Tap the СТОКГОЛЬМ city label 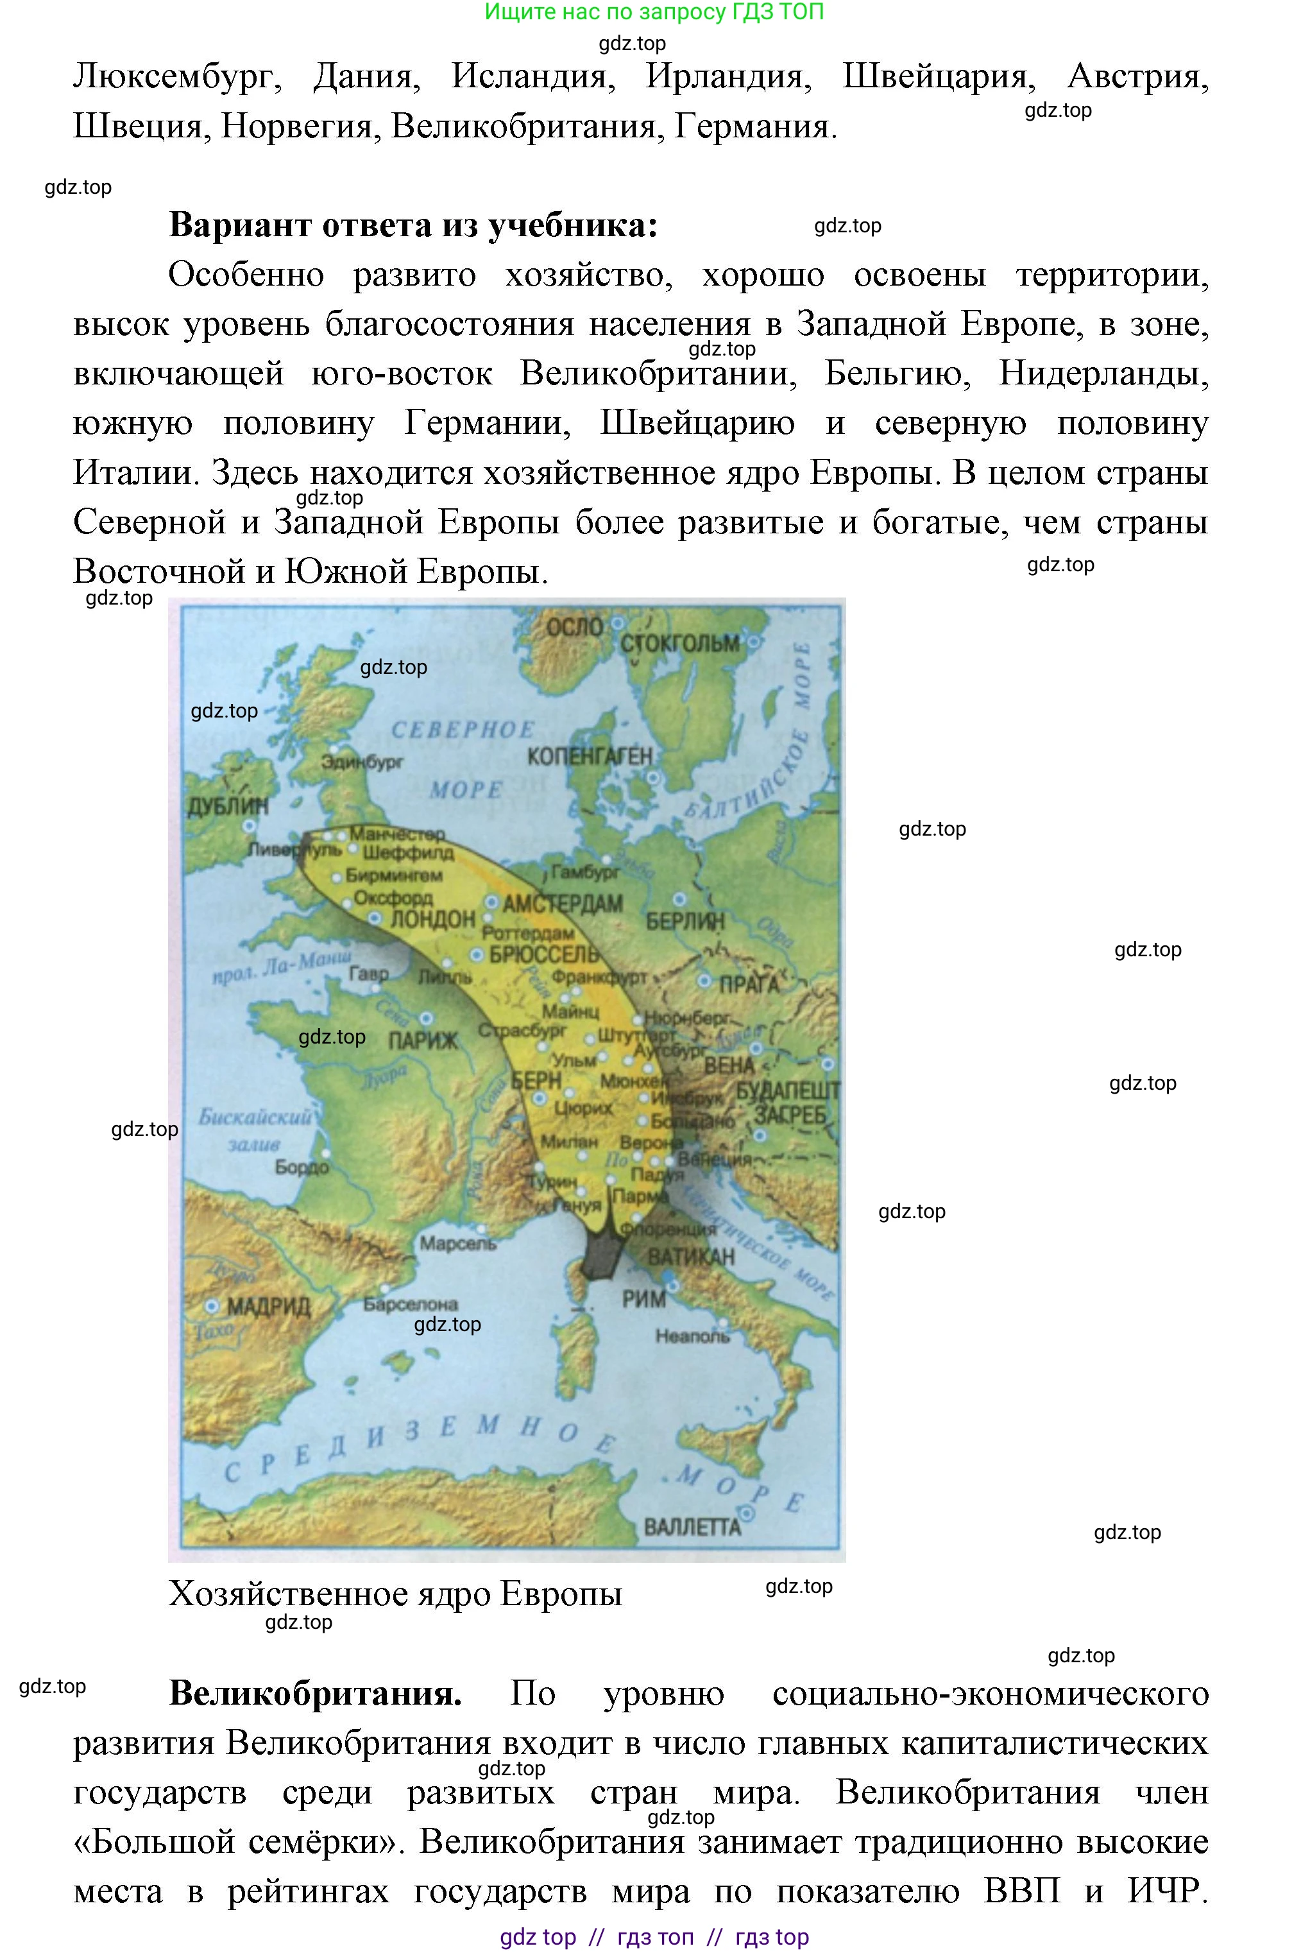pyautogui.click(x=679, y=644)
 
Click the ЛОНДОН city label pyautogui.click(x=433, y=919)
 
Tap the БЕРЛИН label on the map pyautogui.click(x=685, y=921)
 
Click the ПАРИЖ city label pyautogui.click(x=423, y=1040)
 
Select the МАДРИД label pyautogui.click(x=268, y=1305)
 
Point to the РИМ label pyautogui.click(x=644, y=1298)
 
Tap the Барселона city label pyautogui.click(x=410, y=1303)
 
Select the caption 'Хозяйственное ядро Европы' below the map pyautogui.click(x=395, y=1594)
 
